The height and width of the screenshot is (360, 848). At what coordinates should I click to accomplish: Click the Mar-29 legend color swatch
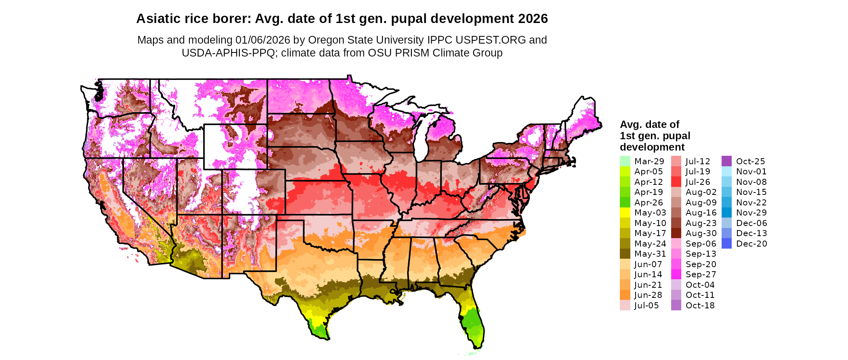tap(625, 161)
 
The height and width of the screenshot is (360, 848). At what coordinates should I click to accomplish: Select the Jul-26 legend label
tap(698, 182)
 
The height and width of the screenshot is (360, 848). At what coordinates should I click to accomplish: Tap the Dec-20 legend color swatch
tap(726, 243)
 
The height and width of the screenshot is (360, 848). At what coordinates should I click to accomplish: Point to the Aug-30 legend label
tap(701, 233)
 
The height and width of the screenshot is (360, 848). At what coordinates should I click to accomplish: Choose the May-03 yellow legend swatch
tap(625, 213)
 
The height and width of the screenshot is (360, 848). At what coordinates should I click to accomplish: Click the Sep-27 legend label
tap(701, 274)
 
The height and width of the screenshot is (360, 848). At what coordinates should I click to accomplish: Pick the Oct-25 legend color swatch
tap(726, 161)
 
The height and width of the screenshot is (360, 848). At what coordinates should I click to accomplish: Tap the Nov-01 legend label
tap(751, 172)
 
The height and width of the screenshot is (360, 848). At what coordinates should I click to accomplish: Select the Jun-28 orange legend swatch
tap(625, 295)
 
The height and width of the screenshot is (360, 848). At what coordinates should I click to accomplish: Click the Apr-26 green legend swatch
tap(625, 202)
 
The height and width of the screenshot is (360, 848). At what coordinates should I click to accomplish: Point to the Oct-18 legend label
tap(700, 306)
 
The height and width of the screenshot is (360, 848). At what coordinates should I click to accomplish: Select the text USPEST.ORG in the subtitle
tap(491, 40)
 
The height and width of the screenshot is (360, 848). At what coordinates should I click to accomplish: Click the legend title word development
tap(652, 147)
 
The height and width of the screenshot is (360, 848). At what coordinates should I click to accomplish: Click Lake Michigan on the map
tap(422, 139)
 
